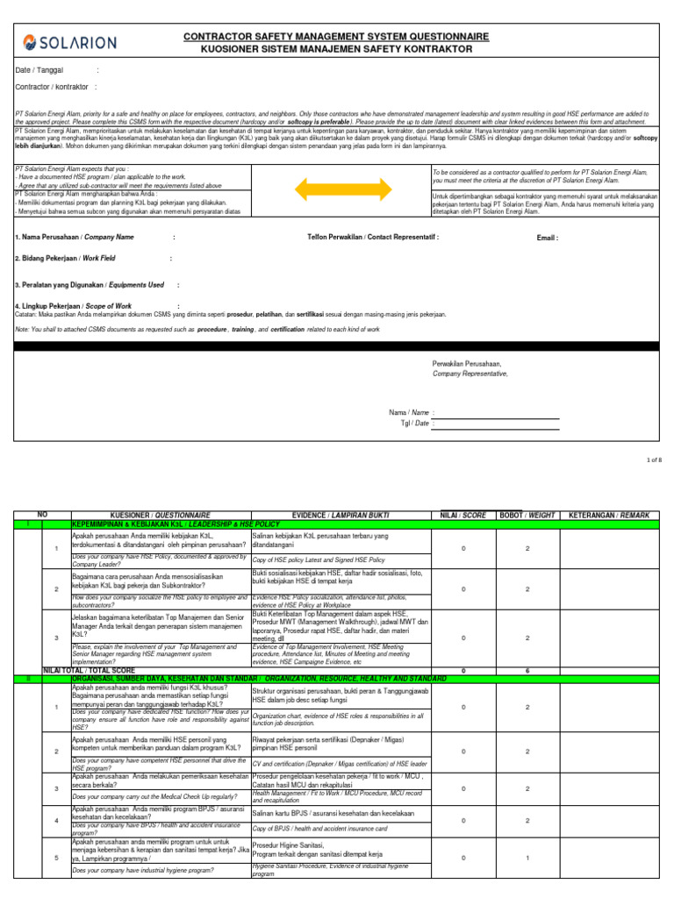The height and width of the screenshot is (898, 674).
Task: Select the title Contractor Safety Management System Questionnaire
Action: tap(335, 36)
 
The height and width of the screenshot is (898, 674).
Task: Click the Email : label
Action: tap(547, 237)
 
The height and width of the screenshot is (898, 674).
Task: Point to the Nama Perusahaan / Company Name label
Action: tap(75, 237)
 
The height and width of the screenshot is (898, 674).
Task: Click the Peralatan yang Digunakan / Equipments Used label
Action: tap(90, 285)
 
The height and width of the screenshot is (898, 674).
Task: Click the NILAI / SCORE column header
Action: tap(462, 515)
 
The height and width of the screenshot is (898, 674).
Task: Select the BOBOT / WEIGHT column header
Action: tap(526, 515)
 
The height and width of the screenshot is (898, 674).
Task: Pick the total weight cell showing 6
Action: tap(527, 670)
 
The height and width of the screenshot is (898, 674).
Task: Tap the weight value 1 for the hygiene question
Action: tap(527, 858)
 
